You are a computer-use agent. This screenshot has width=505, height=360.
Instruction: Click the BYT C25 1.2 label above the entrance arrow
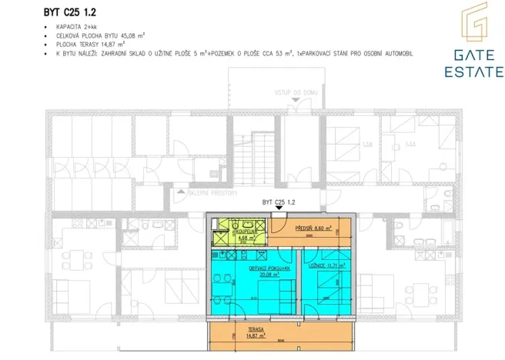point(279,202)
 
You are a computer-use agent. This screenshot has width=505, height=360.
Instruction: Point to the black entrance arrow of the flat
point(279,212)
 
